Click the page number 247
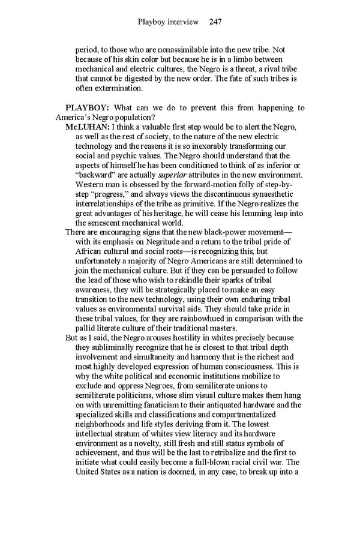(215, 22)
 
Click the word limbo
(253, 60)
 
